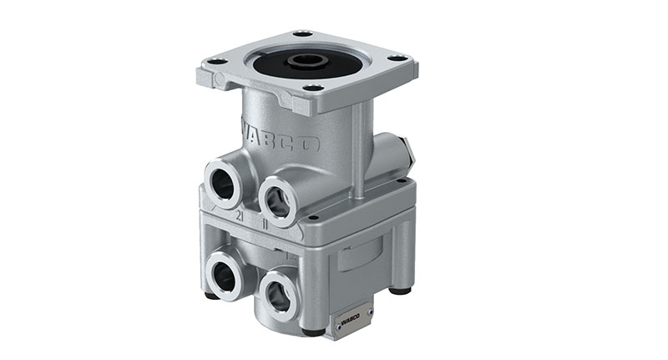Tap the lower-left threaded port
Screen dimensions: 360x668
224,271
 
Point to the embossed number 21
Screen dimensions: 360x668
240,215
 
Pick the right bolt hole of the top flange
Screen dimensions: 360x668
397,58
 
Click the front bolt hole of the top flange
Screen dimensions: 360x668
313,87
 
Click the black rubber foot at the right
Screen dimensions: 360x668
402,292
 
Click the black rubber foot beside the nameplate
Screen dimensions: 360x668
314,331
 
